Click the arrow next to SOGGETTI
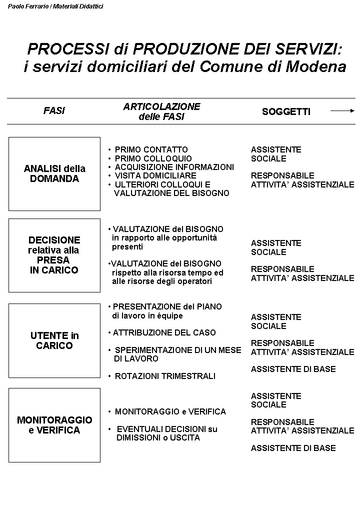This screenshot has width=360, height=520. pos(342,111)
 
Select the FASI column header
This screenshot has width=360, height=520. pos(54,111)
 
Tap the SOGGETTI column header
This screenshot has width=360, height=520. pos(286,111)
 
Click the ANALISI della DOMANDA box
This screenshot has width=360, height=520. pos(54,173)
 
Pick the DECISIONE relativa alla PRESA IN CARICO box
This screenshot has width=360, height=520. pos(54,255)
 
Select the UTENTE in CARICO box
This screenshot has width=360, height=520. pos(54,340)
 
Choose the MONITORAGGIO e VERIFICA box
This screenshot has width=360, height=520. pos(54,425)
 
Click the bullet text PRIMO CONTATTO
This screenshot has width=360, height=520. pos(151,149)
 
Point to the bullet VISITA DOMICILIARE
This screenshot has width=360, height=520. pos(155,175)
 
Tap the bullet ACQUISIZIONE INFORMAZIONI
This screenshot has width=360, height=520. pos(174,167)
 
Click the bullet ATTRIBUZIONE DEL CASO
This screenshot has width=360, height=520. pos(164,332)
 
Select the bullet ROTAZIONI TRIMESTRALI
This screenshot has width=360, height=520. pos(165,376)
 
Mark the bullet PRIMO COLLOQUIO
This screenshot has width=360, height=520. pos(153,158)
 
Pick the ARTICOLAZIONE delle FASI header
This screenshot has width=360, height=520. pos(161,111)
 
